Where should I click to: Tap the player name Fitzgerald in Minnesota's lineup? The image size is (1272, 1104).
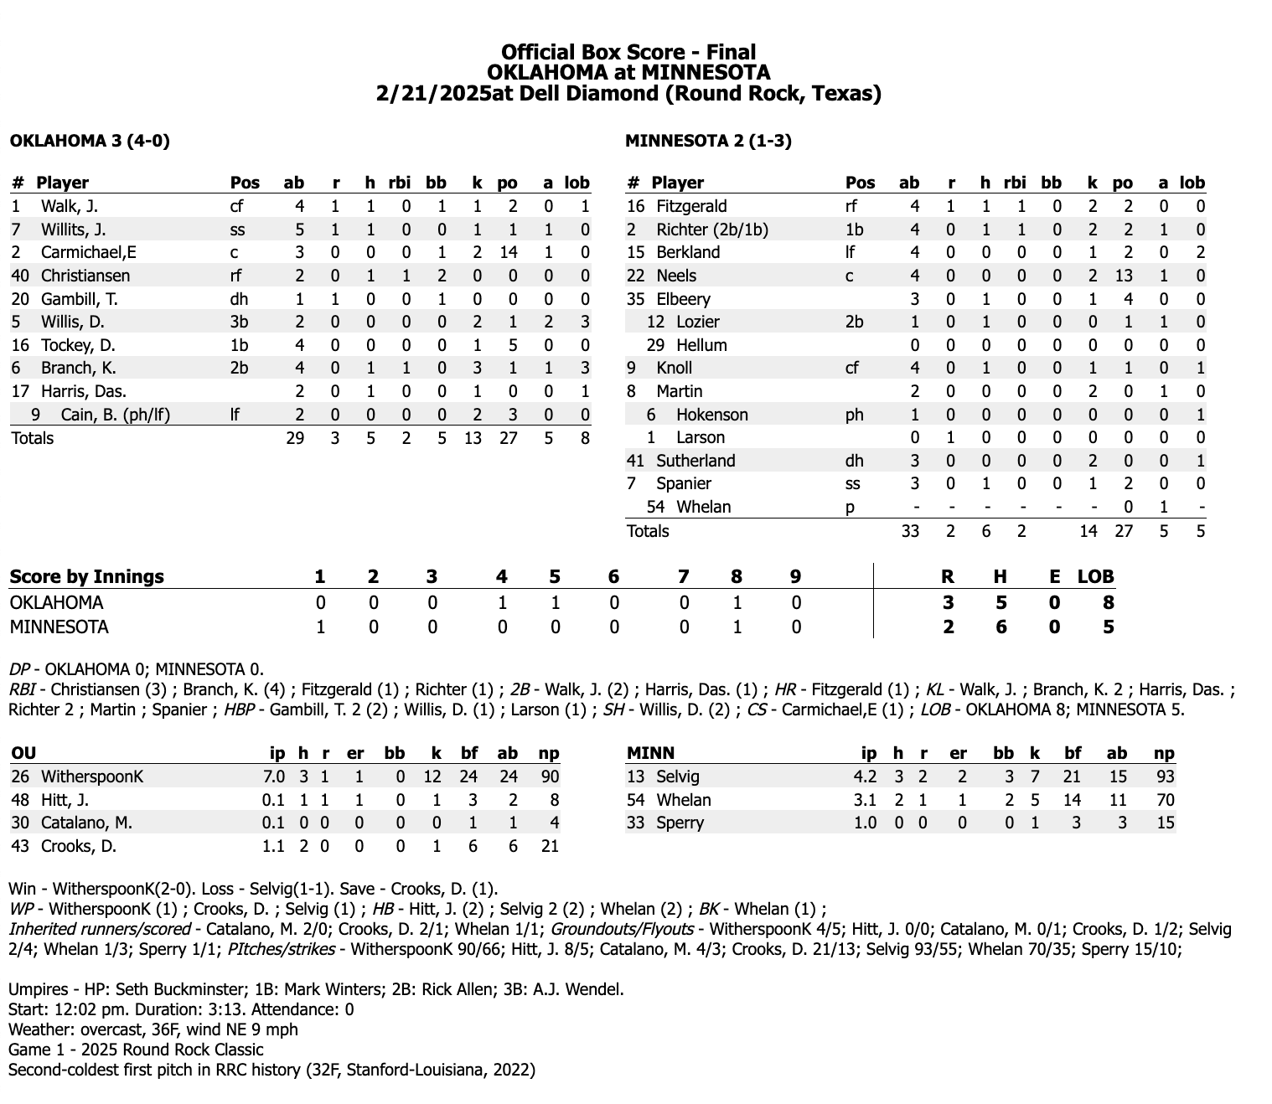point(691,206)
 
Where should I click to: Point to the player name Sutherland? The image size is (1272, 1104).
point(695,461)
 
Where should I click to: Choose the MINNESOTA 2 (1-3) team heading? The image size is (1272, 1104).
point(708,141)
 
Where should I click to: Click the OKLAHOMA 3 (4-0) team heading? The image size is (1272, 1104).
point(90,141)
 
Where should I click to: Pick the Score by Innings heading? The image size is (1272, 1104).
point(86,576)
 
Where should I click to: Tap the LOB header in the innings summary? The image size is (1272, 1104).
point(1095,576)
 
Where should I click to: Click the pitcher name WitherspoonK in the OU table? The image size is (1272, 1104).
point(92,776)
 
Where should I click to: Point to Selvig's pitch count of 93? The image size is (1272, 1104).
point(1164,776)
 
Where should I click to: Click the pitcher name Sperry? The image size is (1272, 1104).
point(680,823)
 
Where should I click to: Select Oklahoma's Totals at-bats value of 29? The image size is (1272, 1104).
point(294,438)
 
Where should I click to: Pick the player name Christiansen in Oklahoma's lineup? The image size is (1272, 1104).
point(85,276)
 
